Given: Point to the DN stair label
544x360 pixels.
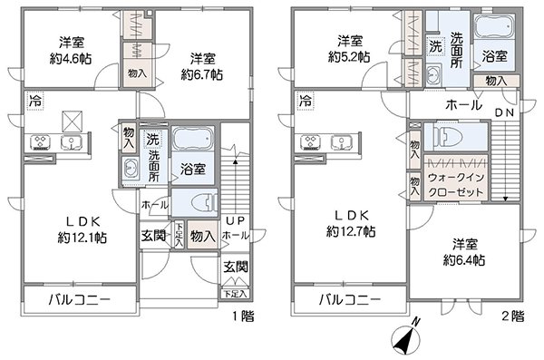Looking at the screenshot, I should (503, 112).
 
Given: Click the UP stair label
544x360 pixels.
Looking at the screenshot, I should (234, 221).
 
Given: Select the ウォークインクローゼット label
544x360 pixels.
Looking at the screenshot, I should (462, 186).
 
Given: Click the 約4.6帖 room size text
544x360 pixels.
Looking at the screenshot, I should (75, 56).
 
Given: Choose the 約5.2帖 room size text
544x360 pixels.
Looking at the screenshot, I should (348, 56).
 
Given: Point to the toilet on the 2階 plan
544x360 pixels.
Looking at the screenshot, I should (451, 135).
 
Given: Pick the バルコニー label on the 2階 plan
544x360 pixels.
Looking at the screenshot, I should (349, 298).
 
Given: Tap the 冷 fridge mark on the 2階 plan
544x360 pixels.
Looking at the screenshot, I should (306, 99).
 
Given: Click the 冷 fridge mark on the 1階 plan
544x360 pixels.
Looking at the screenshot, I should (34, 99).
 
